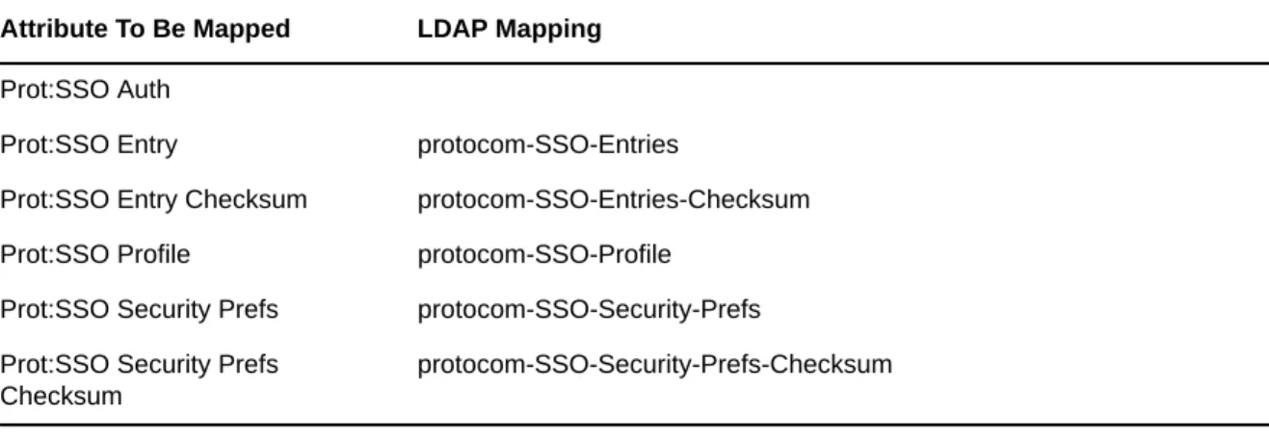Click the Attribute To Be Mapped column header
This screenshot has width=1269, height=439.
(x=145, y=29)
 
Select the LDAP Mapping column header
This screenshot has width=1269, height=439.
(x=510, y=30)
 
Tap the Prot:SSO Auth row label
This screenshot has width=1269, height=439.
(x=85, y=90)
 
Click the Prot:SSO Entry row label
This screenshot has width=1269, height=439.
(x=89, y=144)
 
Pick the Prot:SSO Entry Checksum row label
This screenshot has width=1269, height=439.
(x=153, y=199)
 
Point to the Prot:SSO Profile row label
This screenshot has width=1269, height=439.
(x=95, y=254)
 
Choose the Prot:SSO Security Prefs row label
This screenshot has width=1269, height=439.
(x=140, y=309)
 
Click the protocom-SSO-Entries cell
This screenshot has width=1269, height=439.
(x=548, y=144)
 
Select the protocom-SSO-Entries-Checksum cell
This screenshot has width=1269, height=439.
(x=614, y=199)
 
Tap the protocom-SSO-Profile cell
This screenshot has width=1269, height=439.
(x=544, y=255)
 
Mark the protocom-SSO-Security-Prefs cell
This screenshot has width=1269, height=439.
(x=589, y=310)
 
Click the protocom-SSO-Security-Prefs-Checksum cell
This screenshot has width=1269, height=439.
(x=655, y=365)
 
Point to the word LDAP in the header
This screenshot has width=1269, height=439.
(x=453, y=29)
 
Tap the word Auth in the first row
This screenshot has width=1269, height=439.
(x=144, y=90)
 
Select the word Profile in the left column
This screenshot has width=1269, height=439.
(x=153, y=254)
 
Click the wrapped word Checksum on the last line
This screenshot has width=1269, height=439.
(x=61, y=396)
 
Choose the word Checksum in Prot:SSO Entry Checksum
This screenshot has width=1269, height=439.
(x=246, y=199)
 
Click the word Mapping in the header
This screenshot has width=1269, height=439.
(x=548, y=30)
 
